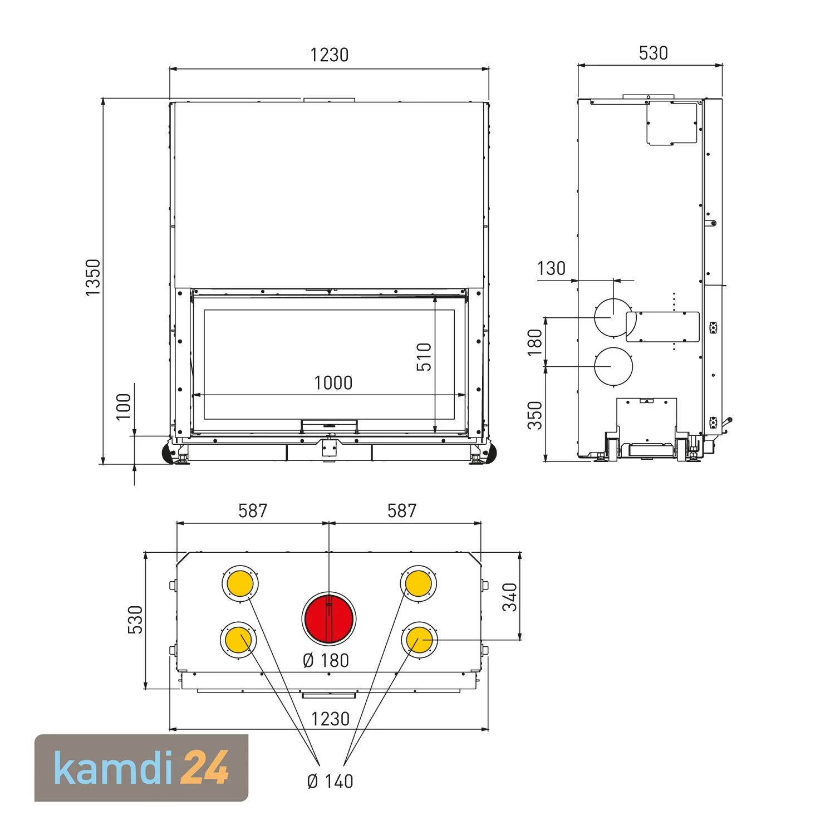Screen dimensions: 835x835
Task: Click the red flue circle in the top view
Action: tap(328, 619)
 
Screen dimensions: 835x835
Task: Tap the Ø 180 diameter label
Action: tap(326, 660)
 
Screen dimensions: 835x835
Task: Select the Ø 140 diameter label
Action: tap(330, 781)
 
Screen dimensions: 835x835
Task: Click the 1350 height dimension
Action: tap(93, 277)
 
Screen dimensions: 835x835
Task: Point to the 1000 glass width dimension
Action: tap(333, 383)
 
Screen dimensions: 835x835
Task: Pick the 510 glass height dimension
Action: tap(424, 357)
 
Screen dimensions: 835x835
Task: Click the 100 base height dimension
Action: tap(124, 406)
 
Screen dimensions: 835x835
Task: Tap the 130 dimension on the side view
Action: tap(551, 268)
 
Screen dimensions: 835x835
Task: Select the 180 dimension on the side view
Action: tap(534, 342)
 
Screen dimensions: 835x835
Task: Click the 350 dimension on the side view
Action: tap(534, 415)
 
